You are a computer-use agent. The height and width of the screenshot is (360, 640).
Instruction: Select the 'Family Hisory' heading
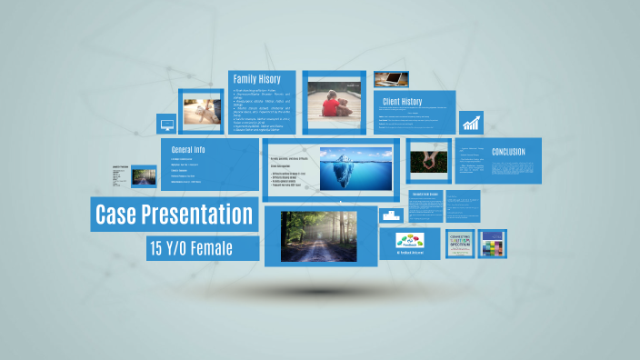point(257,79)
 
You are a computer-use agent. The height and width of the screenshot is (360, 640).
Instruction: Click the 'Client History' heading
point(403,102)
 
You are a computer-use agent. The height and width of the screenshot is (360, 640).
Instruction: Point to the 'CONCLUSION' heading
point(508,152)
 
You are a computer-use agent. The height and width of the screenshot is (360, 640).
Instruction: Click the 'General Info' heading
point(188,149)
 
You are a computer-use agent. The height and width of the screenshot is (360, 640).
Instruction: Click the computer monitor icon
point(166,125)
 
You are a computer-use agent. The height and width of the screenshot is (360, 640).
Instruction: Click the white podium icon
point(392,215)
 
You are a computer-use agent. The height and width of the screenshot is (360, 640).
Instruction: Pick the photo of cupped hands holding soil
point(427,161)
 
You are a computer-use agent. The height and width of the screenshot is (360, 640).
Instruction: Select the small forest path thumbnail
point(144,175)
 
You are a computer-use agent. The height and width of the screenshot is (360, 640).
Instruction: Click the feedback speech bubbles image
point(409,242)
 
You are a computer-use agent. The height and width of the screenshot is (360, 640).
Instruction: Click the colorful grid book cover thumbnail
point(492,244)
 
